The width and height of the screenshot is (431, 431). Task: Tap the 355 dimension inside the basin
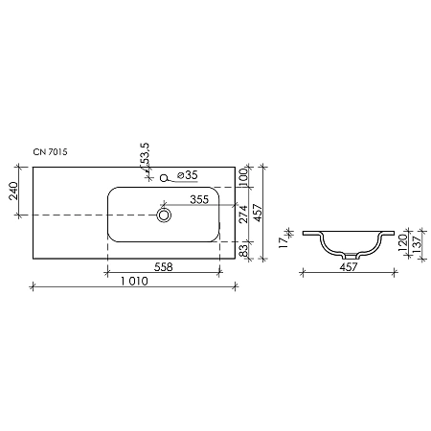pos(199,199)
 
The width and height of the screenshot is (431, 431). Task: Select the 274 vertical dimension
pos(244,215)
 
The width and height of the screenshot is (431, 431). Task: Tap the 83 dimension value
pos(244,250)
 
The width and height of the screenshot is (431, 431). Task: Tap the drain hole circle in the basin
pos(165,217)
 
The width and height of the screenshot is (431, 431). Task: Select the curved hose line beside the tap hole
pos(174,178)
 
